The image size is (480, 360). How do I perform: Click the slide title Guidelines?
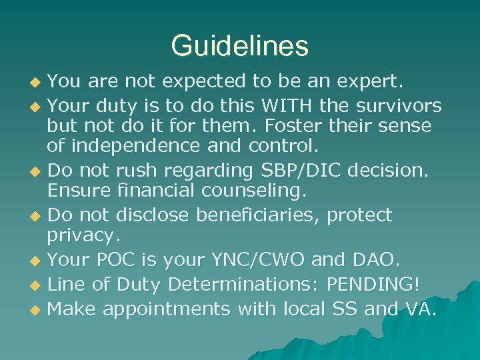pyautogui.click(x=240, y=46)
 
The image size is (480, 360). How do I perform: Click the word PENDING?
pyautogui.click(x=373, y=285)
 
